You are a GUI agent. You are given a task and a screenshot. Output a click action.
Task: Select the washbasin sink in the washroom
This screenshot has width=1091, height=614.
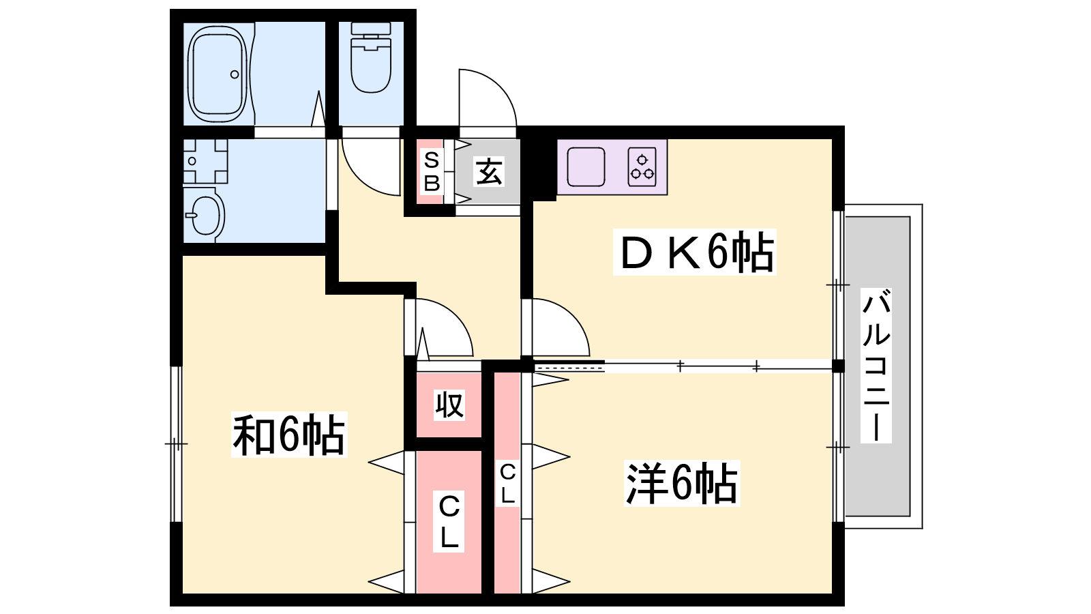205,215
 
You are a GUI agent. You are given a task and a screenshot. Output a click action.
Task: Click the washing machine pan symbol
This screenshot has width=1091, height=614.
205,161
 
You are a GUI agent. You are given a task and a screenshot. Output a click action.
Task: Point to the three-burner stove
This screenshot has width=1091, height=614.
642,166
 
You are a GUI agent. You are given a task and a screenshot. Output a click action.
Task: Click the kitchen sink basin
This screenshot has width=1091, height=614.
586,166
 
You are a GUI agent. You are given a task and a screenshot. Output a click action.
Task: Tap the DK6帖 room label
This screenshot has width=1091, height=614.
695,252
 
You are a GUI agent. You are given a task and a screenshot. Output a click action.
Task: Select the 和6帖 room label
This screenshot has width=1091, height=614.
289,434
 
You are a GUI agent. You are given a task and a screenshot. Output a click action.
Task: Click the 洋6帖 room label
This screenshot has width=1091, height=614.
682,483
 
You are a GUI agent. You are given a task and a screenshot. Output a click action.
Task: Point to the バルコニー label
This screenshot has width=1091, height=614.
876,366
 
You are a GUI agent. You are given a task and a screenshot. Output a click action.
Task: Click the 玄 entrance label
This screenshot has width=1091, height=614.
489,171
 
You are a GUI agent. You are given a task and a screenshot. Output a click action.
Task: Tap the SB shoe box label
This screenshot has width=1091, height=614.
432,171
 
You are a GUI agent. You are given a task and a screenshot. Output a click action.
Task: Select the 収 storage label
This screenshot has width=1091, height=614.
449,405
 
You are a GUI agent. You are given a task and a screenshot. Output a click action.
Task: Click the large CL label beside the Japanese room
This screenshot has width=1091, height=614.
449,522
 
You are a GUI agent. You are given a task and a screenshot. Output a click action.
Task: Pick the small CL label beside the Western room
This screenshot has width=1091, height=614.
507,484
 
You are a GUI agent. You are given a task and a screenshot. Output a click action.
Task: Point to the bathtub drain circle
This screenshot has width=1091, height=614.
235,74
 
